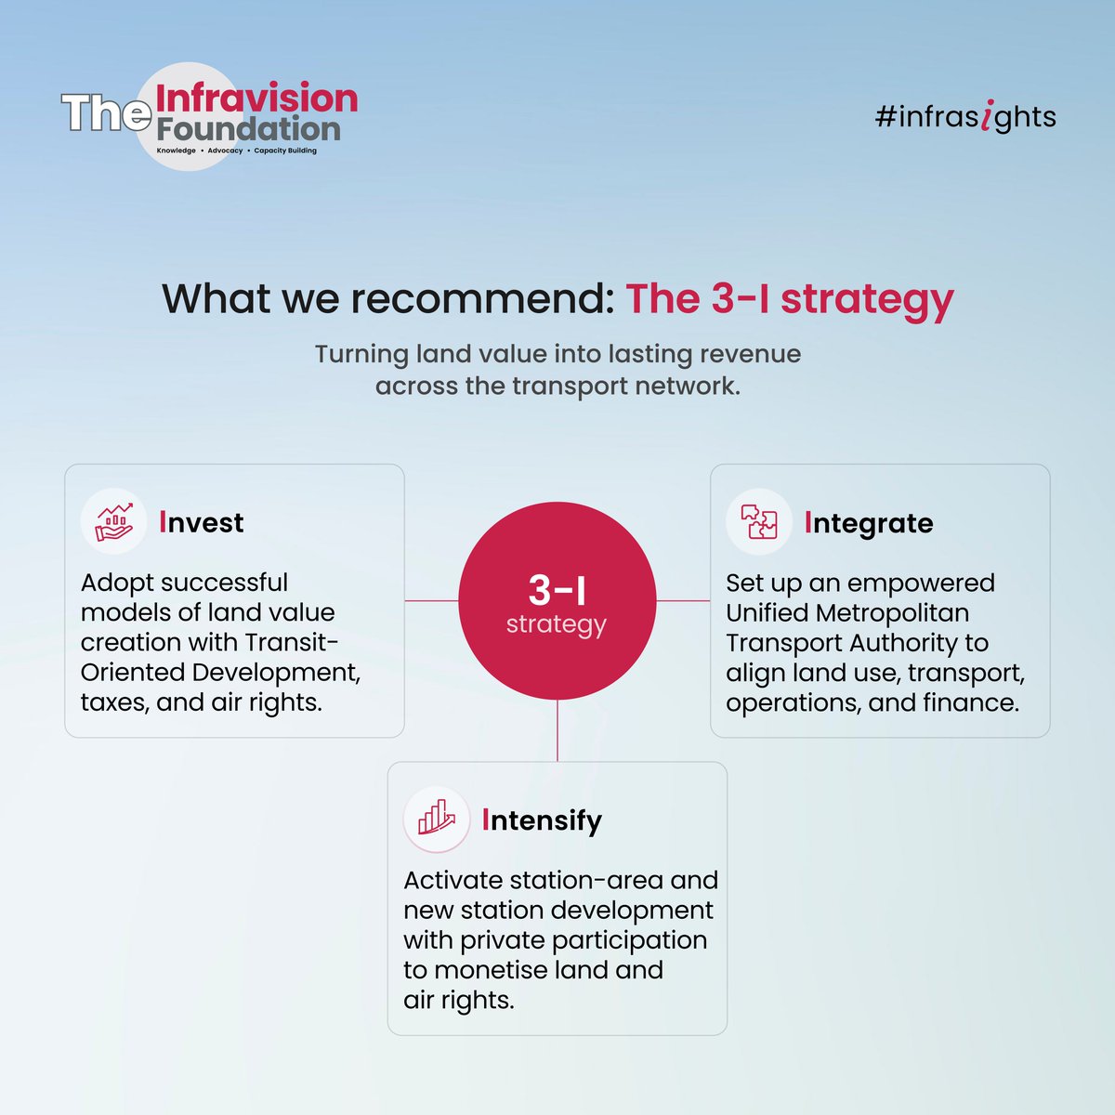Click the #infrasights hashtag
[965, 118]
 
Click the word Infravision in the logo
[256, 98]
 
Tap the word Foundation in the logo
[248, 128]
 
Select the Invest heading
[201, 522]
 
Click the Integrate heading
[868, 523]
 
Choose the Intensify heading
[542, 820]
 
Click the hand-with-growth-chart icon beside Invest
[113, 522]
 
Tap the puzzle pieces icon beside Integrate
[758, 522]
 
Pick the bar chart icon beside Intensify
[436, 820]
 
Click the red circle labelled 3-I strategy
[557, 601]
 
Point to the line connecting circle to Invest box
[431, 601]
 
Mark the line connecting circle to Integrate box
[683, 601]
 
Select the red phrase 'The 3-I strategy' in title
[790, 299]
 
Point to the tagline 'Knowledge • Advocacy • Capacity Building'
[236, 151]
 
